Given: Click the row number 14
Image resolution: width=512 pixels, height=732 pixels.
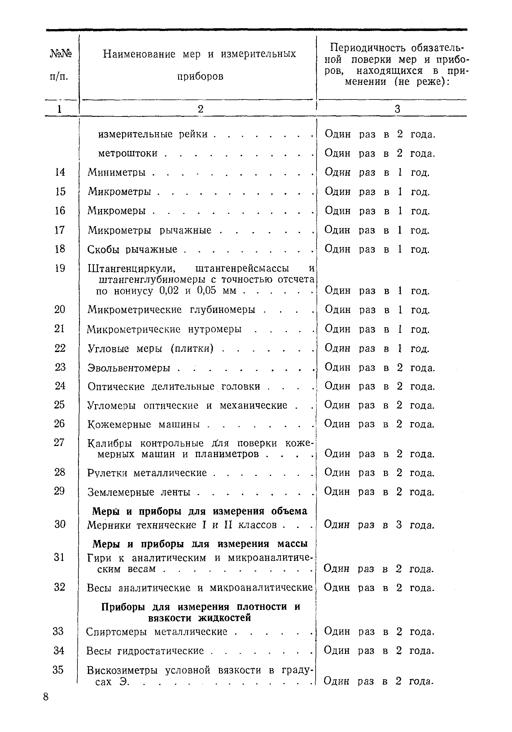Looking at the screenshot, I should point(60,172).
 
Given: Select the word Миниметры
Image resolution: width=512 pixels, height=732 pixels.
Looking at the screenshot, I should point(116,173).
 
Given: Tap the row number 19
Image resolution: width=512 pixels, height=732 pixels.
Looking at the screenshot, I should point(60,268).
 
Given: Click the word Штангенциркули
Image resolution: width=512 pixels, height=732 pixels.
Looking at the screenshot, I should point(132,268).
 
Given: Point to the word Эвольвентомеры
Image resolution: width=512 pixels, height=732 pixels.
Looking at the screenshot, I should point(129,368).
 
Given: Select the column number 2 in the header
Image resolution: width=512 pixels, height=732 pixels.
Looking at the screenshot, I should point(200,109).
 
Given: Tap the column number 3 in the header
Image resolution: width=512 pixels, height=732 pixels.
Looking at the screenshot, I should point(397,109).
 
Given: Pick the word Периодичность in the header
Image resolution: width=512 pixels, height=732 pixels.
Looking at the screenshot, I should point(367,48).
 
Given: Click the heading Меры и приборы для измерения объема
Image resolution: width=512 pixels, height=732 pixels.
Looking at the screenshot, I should point(199,511).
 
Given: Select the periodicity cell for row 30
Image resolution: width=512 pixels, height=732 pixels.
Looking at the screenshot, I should point(379,525).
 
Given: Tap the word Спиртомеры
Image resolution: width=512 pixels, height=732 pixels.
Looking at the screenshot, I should point(116,632).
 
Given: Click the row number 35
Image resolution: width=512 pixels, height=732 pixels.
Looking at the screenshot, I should point(58,670).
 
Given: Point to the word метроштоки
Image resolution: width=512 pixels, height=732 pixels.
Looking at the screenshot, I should point(128,153).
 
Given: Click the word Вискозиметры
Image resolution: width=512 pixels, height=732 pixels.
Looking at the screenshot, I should point(122,670).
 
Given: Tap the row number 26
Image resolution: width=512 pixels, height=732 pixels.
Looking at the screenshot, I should point(59,424).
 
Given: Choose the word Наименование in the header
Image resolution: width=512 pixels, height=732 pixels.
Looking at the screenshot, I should point(139,54).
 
